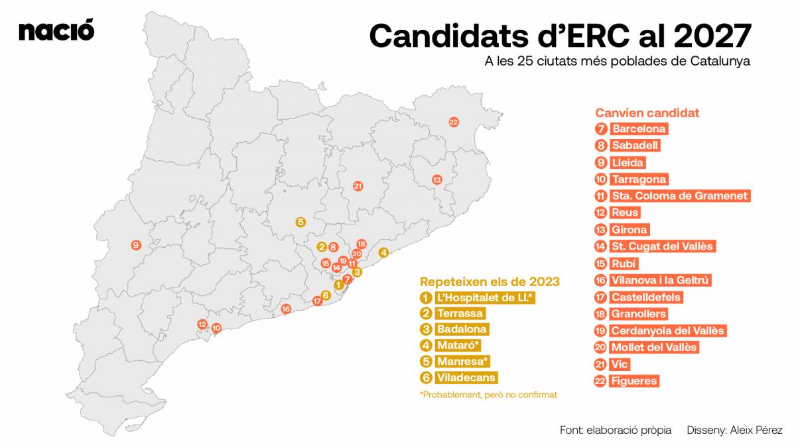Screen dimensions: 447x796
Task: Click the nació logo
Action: pyautogui.click(x=56, y=30)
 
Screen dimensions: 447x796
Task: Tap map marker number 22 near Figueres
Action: pyautogui.click(x=454, y=122)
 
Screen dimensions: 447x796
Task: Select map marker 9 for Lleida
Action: pyautogui.click(x=136, y=245)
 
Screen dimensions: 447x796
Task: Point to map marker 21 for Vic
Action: pyautogui.click(x=358, y=186)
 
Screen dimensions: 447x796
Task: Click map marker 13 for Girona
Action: pyautogui.click(x=436, y=179)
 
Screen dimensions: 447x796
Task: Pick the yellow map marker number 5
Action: pyautogui.click(x=300, y=223)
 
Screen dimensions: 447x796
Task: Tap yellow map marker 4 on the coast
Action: pyautogui.click(x=383, y=252)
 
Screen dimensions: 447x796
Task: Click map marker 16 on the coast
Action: pyautogui.click(x=286, y=309)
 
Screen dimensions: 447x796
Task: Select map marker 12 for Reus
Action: pyautogui.click(x=202, y=324)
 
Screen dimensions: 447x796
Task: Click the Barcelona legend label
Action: pyautogui.click(x=639, y=129)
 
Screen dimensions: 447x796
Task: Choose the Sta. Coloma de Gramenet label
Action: pyautogui.click(x=680, y=196)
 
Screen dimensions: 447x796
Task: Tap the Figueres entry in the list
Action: pyautogui.click(x=635, y=381)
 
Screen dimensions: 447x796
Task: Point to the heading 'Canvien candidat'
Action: pyautogui.click(x=647, y=113)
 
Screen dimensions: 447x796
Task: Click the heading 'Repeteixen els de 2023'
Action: pyautogui.click(x=490, y=281)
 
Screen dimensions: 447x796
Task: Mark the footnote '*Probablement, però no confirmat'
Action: pyautogui.click(x=488, y=395)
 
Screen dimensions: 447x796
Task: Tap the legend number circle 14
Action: pyautogui.click(x=601, y=246)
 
